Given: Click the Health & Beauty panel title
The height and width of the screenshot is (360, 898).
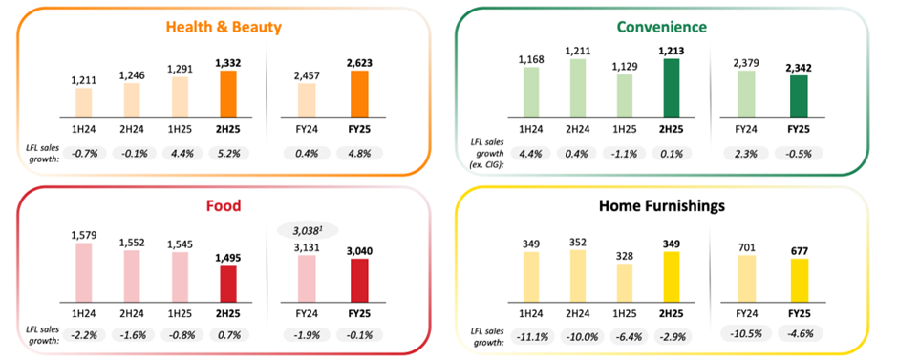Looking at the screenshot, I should (x=224, y=27).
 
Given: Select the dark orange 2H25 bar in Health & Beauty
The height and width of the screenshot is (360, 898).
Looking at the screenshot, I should (x=227, y=94).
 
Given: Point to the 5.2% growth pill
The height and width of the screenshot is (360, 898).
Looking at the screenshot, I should (x=227, y=152).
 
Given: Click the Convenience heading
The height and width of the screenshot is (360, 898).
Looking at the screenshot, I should (x=673, y=27).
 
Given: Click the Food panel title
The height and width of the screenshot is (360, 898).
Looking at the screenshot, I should (x=224, y=205).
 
